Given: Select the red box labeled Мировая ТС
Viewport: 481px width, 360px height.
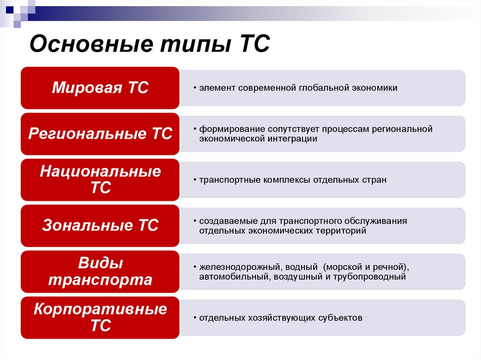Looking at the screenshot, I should pyautogui.click(x=100, y=88).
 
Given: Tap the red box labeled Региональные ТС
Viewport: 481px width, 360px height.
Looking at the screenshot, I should pyautogui.click(x=100, y=134).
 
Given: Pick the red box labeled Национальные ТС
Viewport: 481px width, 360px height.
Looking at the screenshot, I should pyautogui.click(x=100, y=180).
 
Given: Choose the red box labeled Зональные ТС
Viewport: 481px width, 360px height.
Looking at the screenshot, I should pyautogui.click(x=100, y=226).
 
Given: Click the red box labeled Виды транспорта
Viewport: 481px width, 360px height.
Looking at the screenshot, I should pyautogui.click(x=100, y=272).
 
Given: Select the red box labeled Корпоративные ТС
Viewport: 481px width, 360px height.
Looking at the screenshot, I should pyautogui.click(x=100, y=317).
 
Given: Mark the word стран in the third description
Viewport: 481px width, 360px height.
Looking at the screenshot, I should pyautogui.click(x=375, y=180).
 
